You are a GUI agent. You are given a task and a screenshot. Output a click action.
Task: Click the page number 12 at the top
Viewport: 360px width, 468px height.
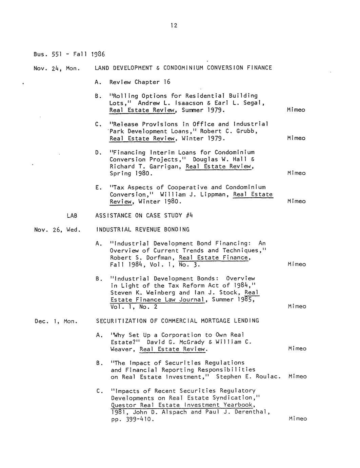point(174,26)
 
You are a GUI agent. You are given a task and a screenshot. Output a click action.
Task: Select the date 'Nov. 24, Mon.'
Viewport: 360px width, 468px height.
point(57,68)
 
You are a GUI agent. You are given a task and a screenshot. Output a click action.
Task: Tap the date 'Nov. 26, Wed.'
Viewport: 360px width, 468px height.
point(57,230)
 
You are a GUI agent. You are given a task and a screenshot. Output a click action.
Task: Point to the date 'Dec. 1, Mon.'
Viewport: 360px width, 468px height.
point(56,321)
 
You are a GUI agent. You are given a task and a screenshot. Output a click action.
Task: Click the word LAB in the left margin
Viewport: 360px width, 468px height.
point(72,216)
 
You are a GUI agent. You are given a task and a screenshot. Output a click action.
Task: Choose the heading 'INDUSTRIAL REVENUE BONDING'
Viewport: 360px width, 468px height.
point(143,230)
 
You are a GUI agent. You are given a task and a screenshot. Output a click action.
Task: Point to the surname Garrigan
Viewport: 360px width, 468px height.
point(167,167)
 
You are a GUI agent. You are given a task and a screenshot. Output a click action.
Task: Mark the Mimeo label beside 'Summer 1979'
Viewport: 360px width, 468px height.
point(296,110)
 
